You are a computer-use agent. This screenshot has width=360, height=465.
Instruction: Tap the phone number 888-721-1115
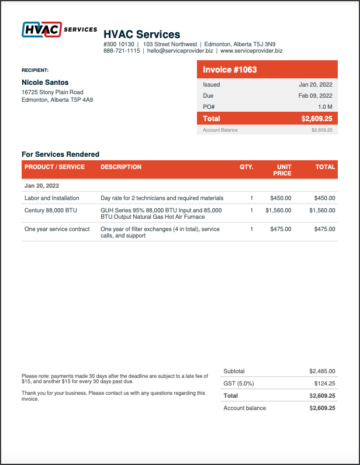(x=121, y=52)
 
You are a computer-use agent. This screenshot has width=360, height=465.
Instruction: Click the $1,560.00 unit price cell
(x=278, y=211)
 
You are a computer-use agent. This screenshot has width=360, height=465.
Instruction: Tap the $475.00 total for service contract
(x=324, y=229)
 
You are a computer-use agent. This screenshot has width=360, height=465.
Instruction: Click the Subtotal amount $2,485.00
(x=318, y=370)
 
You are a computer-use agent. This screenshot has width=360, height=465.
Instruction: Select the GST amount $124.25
(x=321, y=383)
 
